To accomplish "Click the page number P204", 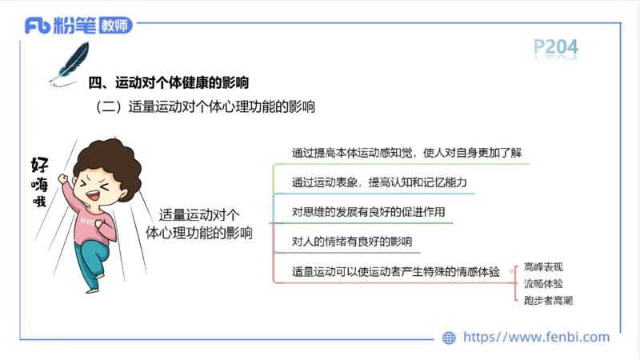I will [x=555, y=48].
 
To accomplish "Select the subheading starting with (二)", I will [x=205, y=106].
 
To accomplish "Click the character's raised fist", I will [x=64, y=178].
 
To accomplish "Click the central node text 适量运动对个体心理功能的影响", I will [x=199, y=224].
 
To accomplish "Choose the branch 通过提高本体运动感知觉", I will [x=400, y=153].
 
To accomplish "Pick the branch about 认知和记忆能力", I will [x=378, y=183].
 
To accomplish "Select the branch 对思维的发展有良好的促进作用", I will [x=367, y=212].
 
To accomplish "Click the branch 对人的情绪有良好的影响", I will [x=351, y=241].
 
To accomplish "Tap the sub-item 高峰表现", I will [x=543, y=266].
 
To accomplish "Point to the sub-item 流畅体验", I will [x=543, y=283].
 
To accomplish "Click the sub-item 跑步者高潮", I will [x=548, y=301].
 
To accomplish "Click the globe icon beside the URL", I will [x=450, y=338].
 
